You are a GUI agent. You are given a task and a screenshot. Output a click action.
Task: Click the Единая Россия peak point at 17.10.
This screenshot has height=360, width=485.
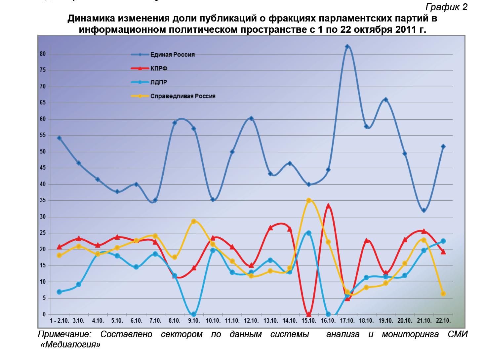347,47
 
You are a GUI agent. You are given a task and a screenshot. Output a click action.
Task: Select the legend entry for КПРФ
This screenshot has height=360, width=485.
159,68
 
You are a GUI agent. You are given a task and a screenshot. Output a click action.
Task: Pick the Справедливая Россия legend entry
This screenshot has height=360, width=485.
183,96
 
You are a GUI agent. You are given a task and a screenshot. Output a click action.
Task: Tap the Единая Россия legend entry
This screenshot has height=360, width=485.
173,55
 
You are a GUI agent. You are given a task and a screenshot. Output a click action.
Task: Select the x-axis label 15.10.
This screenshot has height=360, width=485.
309,321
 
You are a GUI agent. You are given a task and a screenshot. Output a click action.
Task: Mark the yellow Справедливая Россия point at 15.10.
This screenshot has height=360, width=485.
309,200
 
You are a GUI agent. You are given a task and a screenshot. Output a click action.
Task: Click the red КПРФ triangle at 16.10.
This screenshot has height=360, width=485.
328,206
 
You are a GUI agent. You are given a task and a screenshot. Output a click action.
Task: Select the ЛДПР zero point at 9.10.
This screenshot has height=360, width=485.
194,314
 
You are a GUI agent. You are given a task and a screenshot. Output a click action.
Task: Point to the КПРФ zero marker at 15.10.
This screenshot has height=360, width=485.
309,314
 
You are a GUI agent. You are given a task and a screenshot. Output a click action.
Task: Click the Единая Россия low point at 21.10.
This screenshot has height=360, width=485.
424,210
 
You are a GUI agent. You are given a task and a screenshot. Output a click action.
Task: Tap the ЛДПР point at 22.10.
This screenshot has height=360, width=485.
443,241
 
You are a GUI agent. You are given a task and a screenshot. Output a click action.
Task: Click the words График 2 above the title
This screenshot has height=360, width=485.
446,7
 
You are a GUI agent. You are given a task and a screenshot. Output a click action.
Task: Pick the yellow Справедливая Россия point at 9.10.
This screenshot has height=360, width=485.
194,221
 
